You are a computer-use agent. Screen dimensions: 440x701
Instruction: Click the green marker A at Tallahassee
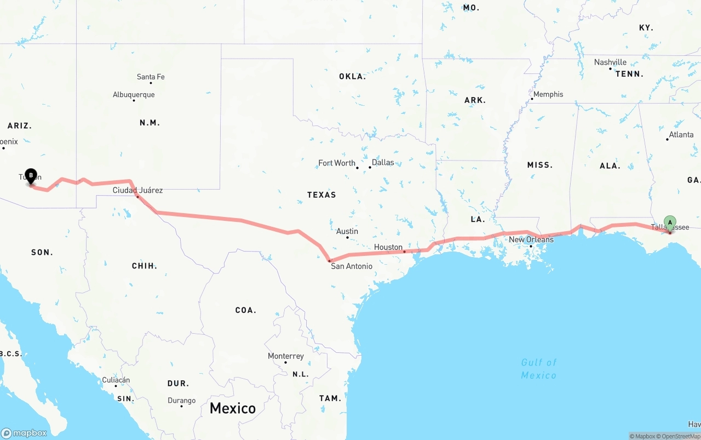pyautogui.click(x=670, y=223)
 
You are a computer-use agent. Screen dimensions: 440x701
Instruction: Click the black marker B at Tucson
pyautogui.click(x=31, y=175)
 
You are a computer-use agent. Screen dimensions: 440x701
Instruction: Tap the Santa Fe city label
pyautogui.click(x=151, y=77)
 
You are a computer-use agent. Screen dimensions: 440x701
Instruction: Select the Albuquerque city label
pyautogui.click(x=134, y=95)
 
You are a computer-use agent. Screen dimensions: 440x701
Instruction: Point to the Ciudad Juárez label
pyautogui.click(x=137, y=190)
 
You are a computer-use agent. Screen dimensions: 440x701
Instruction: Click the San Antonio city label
pyautogui.click(x=352, y=266)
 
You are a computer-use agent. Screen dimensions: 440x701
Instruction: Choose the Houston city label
pyautogui.click(x=388, y=247)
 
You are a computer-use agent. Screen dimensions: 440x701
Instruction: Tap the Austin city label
pyautogui.click(x=347, y=231)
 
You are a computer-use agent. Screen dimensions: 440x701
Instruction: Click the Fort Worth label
pyautogui.click(x=337, y=163)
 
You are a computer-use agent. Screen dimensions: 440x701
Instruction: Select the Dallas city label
pyautogui.click(x=383, y=163)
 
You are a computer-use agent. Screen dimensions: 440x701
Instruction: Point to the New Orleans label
pyautogui.click(x=531, y=239)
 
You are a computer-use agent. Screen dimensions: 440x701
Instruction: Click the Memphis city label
pyautogui.click(x=548, y=94)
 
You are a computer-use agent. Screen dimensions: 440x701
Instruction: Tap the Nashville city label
pyautogui.click(x=610, y=62)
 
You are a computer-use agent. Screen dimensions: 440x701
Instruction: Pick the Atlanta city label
pyautogui.click(x=681, y=135)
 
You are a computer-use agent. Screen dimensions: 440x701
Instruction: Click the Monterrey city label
pyautogui.click(x=286, y=356)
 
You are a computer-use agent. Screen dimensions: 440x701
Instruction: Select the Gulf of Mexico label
pyautogui.click(x=539, y=369)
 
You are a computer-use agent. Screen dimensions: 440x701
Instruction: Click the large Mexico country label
pyautogui.click(x=233, y=408)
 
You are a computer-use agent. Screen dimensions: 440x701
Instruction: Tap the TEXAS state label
pyautogui.click(x=321, y=195)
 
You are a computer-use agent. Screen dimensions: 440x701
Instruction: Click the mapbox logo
pyautogui.click(x=24, y=433)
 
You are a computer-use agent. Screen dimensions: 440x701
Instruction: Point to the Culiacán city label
pyautogui.click(x=116, y=380)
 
